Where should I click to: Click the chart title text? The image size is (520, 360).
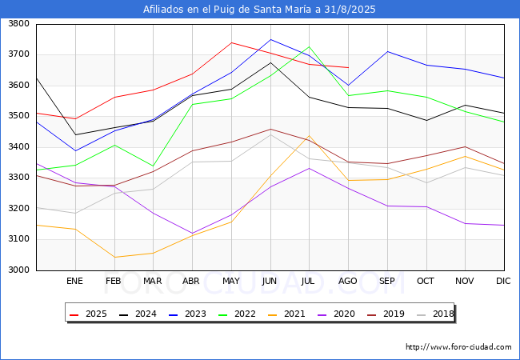259,10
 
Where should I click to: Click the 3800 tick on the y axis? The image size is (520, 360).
18,24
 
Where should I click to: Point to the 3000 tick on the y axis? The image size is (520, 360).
18,270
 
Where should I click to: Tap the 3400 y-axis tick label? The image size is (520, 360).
18,147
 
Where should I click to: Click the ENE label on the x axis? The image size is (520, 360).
75,282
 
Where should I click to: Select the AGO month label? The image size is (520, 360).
348,282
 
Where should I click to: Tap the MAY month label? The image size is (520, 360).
231,282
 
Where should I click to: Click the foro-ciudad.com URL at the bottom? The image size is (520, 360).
458,347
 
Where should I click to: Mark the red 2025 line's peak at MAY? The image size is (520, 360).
231,42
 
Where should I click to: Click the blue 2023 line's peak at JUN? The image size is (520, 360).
270,39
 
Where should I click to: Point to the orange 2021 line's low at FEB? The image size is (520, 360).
114,257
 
